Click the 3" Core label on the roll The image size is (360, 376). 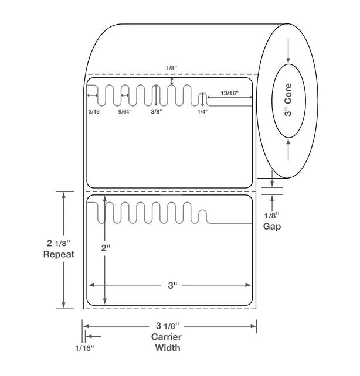tap(288, 100)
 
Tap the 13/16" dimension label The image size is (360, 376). tap(230, 93)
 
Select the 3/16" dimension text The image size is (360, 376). tap(95, 111)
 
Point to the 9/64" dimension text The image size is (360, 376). tap(125, 111)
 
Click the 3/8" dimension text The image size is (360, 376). tap(157, 111)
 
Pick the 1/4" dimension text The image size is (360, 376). tap(202, 111)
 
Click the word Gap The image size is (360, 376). tap(272, 227)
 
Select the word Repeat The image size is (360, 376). tap(59, 254)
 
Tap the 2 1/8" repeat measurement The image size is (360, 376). tap(58, 243)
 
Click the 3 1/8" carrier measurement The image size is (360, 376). tap(167, 326)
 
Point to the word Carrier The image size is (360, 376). tap(167, 337)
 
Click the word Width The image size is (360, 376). tap(168, 347)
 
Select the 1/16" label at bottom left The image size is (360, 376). tap(84, 348)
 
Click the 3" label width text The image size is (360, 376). tap(172, 285)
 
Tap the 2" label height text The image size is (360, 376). tap(106, 248)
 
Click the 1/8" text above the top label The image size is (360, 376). tap(171, 68)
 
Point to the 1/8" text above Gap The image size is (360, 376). tap(272, 216)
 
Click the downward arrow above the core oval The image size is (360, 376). tap(288, 51)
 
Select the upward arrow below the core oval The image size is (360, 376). tap(288, 149)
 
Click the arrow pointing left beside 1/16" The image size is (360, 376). tap(94, 336)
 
